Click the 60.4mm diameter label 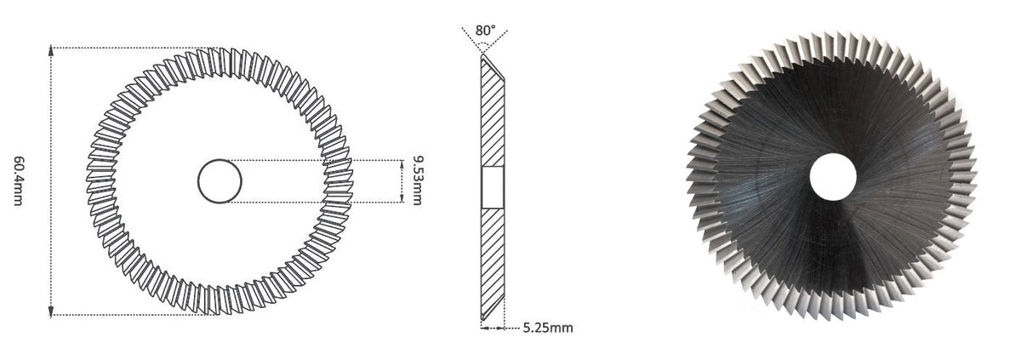pyautogui.click(x=18, y=181)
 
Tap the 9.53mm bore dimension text pyautogui.click(x=417, y=181)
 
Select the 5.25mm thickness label pyautogui.click(x=547, y=328)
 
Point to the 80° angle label pyautogui.click(x=485, y=31)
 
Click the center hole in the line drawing pyautogui.click(x=220, y=181)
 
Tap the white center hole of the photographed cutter pyautogui.click(x=833, y=177)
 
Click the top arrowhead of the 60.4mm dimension pyautogui.click(x=50, y=50)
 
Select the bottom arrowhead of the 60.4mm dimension pyautogui.click(x=50, y=311)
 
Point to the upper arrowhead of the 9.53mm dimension pyautogui.click(x=402, y=164)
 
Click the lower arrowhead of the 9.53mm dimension pyautogui.click(x=402, y=198)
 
